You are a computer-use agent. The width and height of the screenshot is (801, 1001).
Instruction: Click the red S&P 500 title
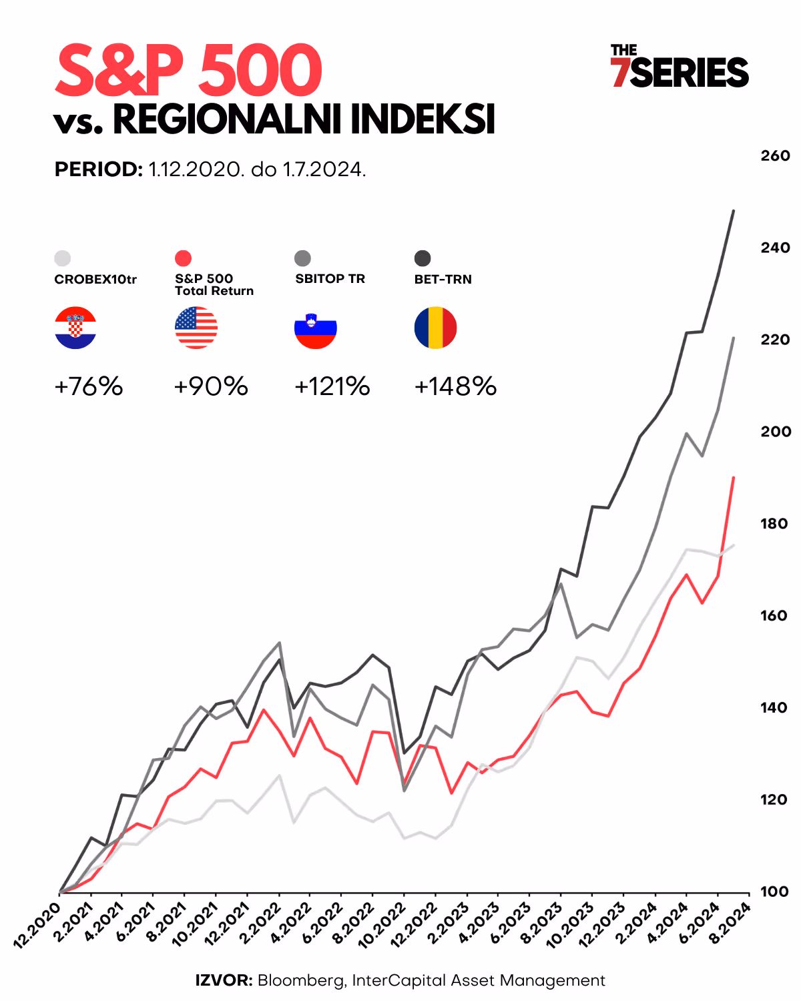189,70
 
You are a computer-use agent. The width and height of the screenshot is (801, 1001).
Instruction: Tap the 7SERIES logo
680,67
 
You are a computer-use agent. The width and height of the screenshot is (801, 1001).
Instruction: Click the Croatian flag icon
75,328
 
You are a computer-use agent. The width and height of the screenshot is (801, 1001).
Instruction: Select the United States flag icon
196,328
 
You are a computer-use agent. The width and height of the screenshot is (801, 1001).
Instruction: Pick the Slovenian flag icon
316,328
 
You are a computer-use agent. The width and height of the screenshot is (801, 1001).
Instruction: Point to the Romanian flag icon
435,328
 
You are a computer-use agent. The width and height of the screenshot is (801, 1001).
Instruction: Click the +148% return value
455,386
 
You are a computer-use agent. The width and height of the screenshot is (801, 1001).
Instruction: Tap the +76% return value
89,386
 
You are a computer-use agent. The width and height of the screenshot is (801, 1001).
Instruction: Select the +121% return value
332,386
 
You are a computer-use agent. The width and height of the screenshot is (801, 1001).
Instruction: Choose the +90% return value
211,386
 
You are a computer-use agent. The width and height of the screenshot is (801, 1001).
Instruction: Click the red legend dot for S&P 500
183,258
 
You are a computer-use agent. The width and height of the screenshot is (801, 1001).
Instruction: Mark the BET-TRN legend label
443,279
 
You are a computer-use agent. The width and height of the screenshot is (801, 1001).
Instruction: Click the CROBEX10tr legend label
95,279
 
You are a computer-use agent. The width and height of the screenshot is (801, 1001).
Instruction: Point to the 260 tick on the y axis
775,155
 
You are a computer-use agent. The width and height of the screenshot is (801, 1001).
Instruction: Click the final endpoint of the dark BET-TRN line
734,211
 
